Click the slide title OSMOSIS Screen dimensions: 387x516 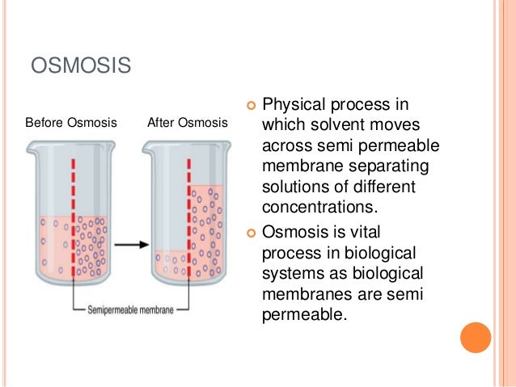click(x=81, y=65)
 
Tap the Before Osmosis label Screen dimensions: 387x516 click(x=71, y=124)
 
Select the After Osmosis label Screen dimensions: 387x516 click(x=187, y=124)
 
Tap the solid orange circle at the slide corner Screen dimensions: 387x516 click(x=475, y=338)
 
